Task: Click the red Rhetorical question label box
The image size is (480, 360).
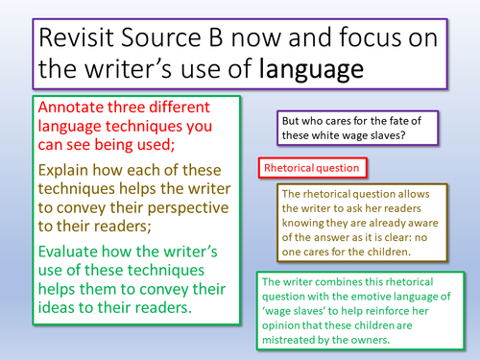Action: [313, 167]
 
